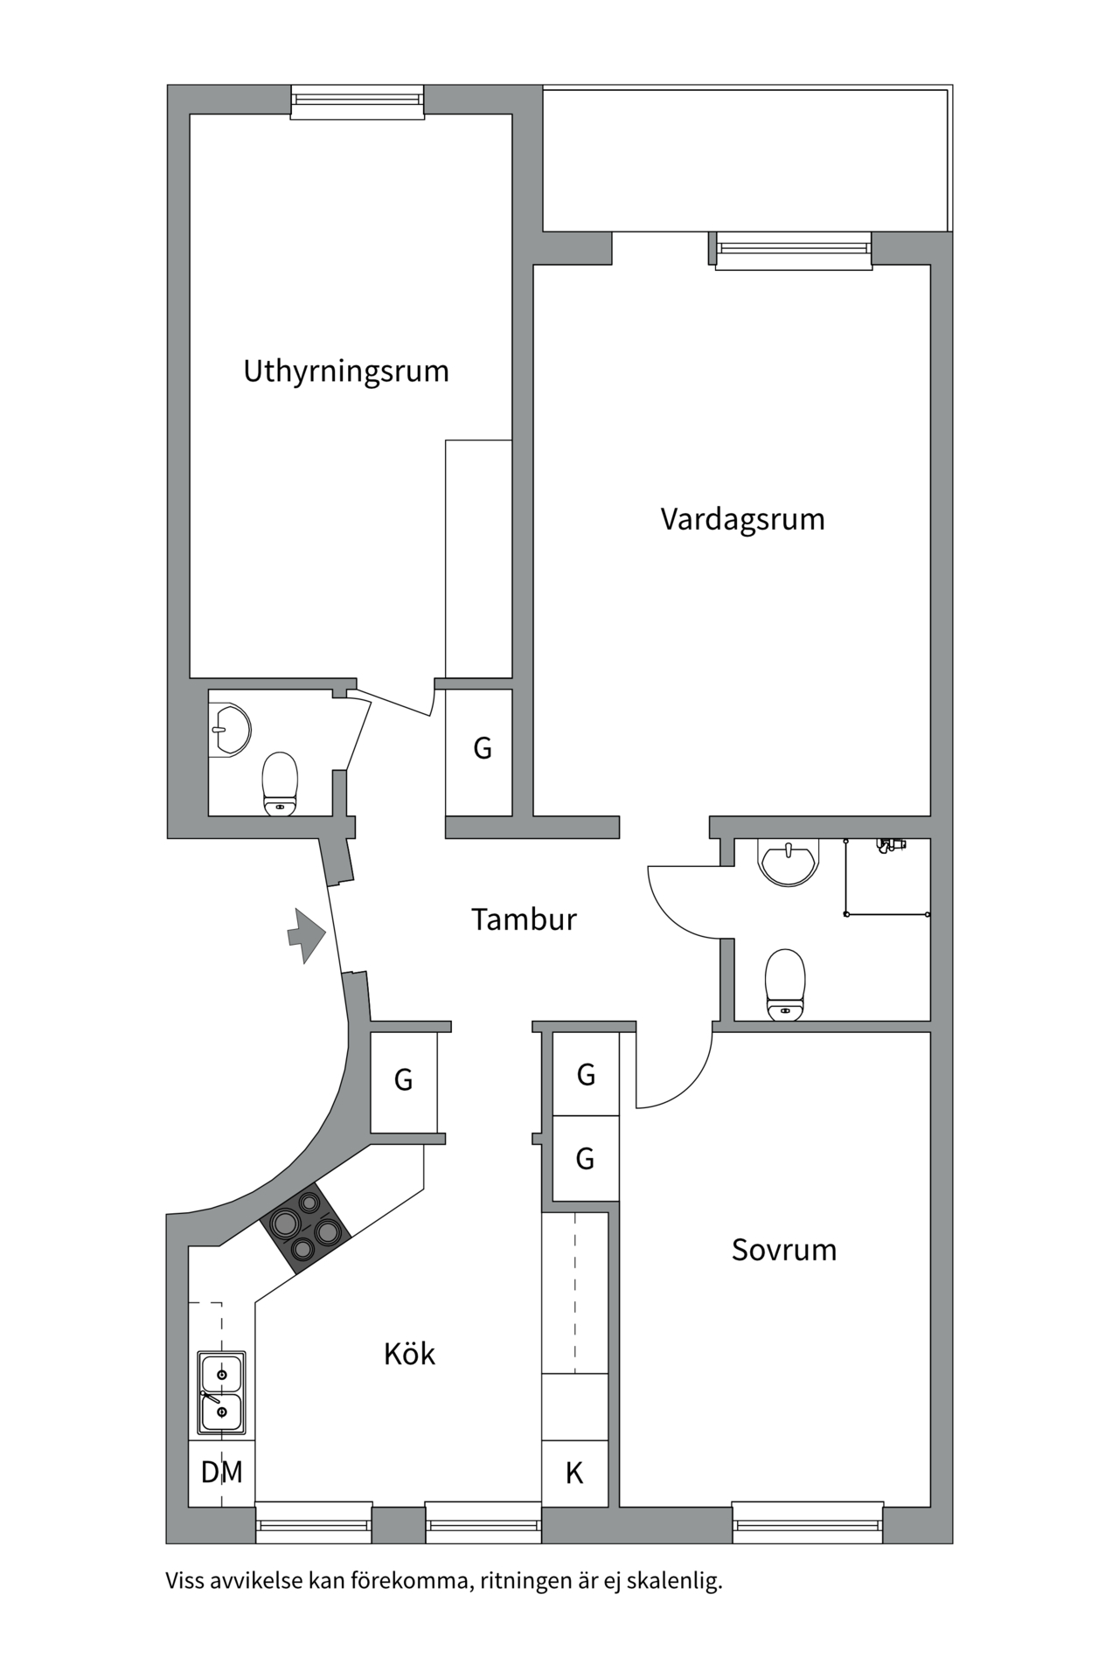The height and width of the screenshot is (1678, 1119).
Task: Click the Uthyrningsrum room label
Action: click(346, 371)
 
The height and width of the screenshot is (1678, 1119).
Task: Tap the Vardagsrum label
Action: click(742, 519)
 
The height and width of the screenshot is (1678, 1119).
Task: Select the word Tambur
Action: click(524, 919)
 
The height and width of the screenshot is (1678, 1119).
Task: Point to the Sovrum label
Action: click(784, 1250)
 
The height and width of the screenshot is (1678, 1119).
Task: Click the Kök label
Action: click(409, 1354)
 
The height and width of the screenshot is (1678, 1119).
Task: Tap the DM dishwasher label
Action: click(222, 1472)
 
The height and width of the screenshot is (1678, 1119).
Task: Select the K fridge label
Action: click(574, 1473)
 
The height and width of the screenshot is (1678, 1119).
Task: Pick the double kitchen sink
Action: click(221, 1393)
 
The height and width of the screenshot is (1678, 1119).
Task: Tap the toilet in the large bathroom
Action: click(784, 985)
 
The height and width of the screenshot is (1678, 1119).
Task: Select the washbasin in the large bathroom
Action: click(789, 863)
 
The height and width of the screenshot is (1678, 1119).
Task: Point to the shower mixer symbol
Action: click(891, 845)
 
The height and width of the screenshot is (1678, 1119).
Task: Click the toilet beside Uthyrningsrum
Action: click(280, 784)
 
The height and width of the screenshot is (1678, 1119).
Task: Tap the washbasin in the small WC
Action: click(230, 728)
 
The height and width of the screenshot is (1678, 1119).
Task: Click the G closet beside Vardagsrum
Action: click(482, 749)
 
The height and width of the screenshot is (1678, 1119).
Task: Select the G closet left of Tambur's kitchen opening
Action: click(403, 1080)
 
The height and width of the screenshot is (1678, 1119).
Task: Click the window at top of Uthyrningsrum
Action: click(357, 101)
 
